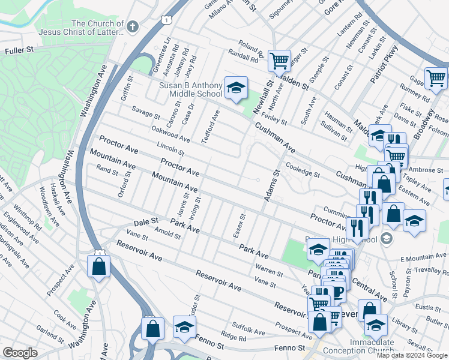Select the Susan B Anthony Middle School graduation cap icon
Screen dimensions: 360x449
(236, 88)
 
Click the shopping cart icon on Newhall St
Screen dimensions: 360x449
(279, 61)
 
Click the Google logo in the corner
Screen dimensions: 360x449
(20, 353)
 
